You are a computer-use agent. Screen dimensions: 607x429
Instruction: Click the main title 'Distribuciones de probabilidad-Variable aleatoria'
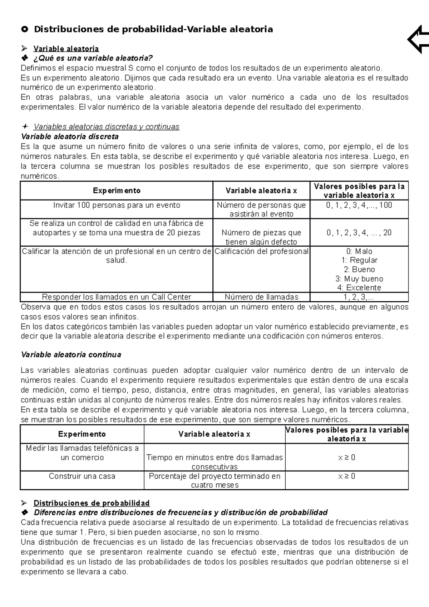click(x=153, y=29)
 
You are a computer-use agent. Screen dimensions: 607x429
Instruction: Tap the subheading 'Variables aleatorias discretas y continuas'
click(x=106, y=127)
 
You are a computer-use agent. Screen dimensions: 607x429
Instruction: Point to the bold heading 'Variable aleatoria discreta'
click(x=70, y=137)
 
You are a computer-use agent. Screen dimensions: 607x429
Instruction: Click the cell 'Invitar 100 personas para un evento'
click(x=117, y=205)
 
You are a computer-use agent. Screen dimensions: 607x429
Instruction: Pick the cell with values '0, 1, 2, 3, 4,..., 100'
click(x=359, y=205)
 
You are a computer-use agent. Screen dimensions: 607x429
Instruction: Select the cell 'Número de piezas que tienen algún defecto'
click(x=261, y=237)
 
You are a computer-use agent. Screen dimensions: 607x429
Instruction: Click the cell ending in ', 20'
click(x=359, y=233)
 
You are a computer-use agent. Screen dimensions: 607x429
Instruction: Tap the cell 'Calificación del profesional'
click(x=261, y=251)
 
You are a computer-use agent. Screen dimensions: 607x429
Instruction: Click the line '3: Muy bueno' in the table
click(x=359, y=279)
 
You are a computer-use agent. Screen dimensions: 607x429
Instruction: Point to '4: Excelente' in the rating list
click(x=359, y=288)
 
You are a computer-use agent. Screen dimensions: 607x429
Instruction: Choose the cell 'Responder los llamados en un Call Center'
click(x=117, y=297)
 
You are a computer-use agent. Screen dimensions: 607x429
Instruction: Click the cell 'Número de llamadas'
click(x=261, y=297)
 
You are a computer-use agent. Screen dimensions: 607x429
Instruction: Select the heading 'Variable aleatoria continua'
click(x=71, y=355)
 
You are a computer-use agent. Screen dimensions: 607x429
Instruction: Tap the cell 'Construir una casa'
click(x=82, y=476)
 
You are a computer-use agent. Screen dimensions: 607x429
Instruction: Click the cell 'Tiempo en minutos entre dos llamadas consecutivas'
click(x=214, y=462)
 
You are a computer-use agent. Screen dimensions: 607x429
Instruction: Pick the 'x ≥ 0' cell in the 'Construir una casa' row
click(x=347, y=476)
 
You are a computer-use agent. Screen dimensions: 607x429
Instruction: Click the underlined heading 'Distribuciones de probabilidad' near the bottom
click(x=92, y=503)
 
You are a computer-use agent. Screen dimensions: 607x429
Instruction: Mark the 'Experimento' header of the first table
click(x=117, y=191)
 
